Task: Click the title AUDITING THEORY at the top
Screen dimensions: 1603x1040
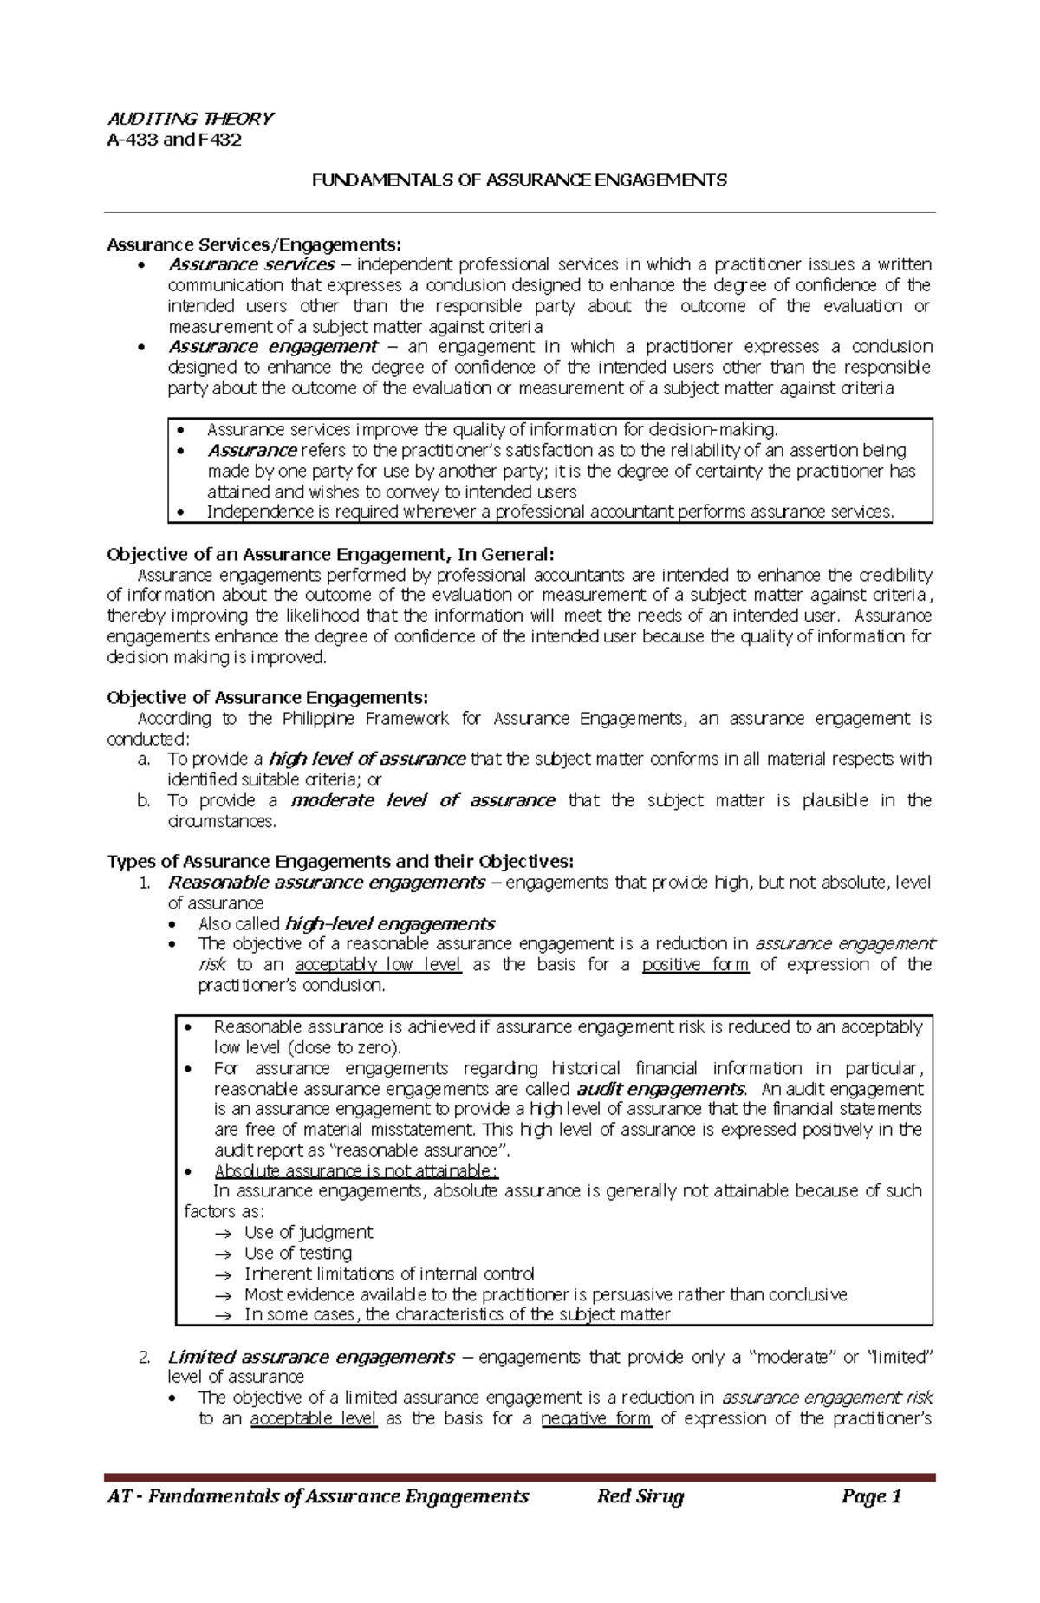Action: click(x=190, y=119)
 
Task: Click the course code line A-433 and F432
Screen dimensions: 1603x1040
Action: click(x=173, y=140)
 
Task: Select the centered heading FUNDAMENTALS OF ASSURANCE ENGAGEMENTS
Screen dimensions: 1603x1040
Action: click(x=519, y=180)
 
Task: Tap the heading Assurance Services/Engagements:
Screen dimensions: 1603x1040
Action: click(x=254, y=244)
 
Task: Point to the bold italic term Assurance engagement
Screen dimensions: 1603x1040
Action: click(x=272, y=347)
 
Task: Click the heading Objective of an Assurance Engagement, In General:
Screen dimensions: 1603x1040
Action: click(x=329, y=554)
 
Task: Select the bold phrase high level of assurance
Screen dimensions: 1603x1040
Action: click(x=367, y=759)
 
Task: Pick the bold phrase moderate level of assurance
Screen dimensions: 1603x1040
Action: click(x=423, y=800)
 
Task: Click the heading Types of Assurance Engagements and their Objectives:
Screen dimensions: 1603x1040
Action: click(x=340, y=861)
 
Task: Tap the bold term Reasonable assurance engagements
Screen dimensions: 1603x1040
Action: click(x=326, y=883)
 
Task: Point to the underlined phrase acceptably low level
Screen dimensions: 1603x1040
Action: click(x=378, y=965)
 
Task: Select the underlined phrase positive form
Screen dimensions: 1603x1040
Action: click(x=695, y=965)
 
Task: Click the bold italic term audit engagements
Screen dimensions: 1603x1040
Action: click(x=660, y=1089)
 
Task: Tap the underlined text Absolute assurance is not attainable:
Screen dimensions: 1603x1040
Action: click(x=355, y=1171)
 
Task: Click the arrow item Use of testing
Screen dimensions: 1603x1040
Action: click(x=297, y=1254)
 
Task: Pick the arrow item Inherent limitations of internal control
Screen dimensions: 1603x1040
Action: click(x=388, y=1274)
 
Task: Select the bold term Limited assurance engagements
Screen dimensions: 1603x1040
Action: click(x=310, y=1358)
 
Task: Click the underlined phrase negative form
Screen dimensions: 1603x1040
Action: click(x=595, y=1419)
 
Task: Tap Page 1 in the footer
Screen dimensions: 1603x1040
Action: click(x=871, y=1497)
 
